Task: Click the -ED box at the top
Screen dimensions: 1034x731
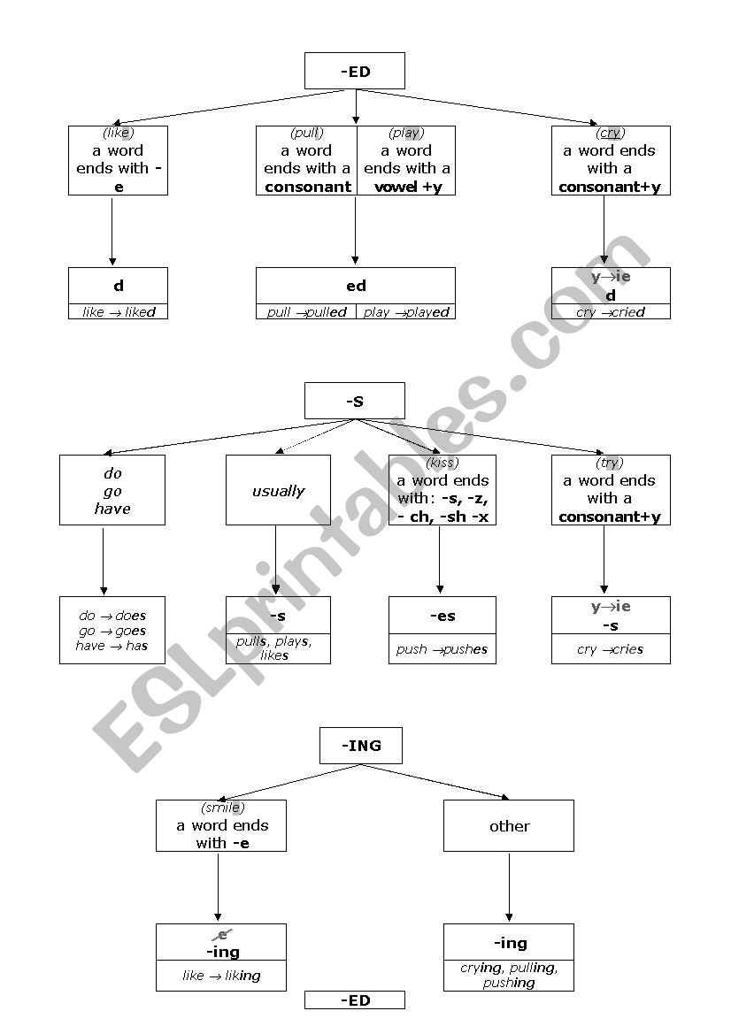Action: point(355,72)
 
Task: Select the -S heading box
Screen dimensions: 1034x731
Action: point(355,401)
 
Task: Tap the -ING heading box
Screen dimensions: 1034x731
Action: point(361,746)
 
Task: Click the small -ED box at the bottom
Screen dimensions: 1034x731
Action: point(355,1000)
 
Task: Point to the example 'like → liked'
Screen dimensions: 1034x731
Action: point(119,312)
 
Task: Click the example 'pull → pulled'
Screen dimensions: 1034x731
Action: point(306,312)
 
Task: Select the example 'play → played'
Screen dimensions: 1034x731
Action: point(406,312)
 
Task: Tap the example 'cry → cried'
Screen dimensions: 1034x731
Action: point(611,312)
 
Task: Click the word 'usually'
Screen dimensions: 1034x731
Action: point(278,491)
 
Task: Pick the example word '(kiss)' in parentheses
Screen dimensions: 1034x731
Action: point(442,463)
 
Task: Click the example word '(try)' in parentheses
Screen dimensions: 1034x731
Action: point(611,463)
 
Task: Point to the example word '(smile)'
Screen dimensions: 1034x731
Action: point(222,808)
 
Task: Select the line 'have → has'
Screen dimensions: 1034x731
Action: point(112,646)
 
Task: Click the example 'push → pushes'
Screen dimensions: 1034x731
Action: point(442,649)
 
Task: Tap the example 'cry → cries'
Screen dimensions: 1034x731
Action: point(611,649)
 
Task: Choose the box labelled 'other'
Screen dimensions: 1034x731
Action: point(509,826)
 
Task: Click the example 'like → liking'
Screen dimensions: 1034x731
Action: point(221,976)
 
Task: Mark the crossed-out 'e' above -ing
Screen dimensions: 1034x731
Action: point(222,935)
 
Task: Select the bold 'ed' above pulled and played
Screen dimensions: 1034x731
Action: point(356,286)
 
